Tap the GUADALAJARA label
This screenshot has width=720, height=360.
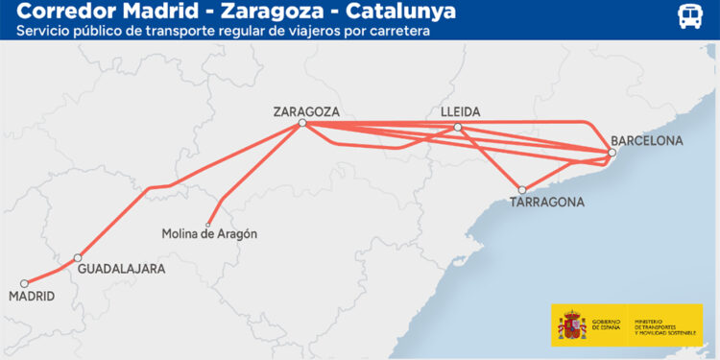(x=122, y=269)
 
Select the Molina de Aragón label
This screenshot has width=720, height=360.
(x=209, y=234)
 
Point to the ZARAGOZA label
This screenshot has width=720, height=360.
(x=306, y=110)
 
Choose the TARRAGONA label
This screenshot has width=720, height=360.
(x=547, y=203)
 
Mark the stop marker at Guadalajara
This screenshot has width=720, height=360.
(x=78, y=257)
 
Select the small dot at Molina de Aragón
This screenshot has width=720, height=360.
(x=207, y=225)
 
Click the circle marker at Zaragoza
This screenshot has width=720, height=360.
(x=302, y=123)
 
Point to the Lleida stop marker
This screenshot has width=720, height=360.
(x=458, y=127)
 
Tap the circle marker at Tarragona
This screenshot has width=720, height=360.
(x=522, y=190)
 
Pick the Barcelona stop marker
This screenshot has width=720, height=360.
(x=612, y=153)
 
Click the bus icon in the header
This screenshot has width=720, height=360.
(x=689, y=16)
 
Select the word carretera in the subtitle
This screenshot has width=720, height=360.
(x=394, y=31)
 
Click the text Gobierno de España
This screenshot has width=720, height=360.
(x=606, y=326)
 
